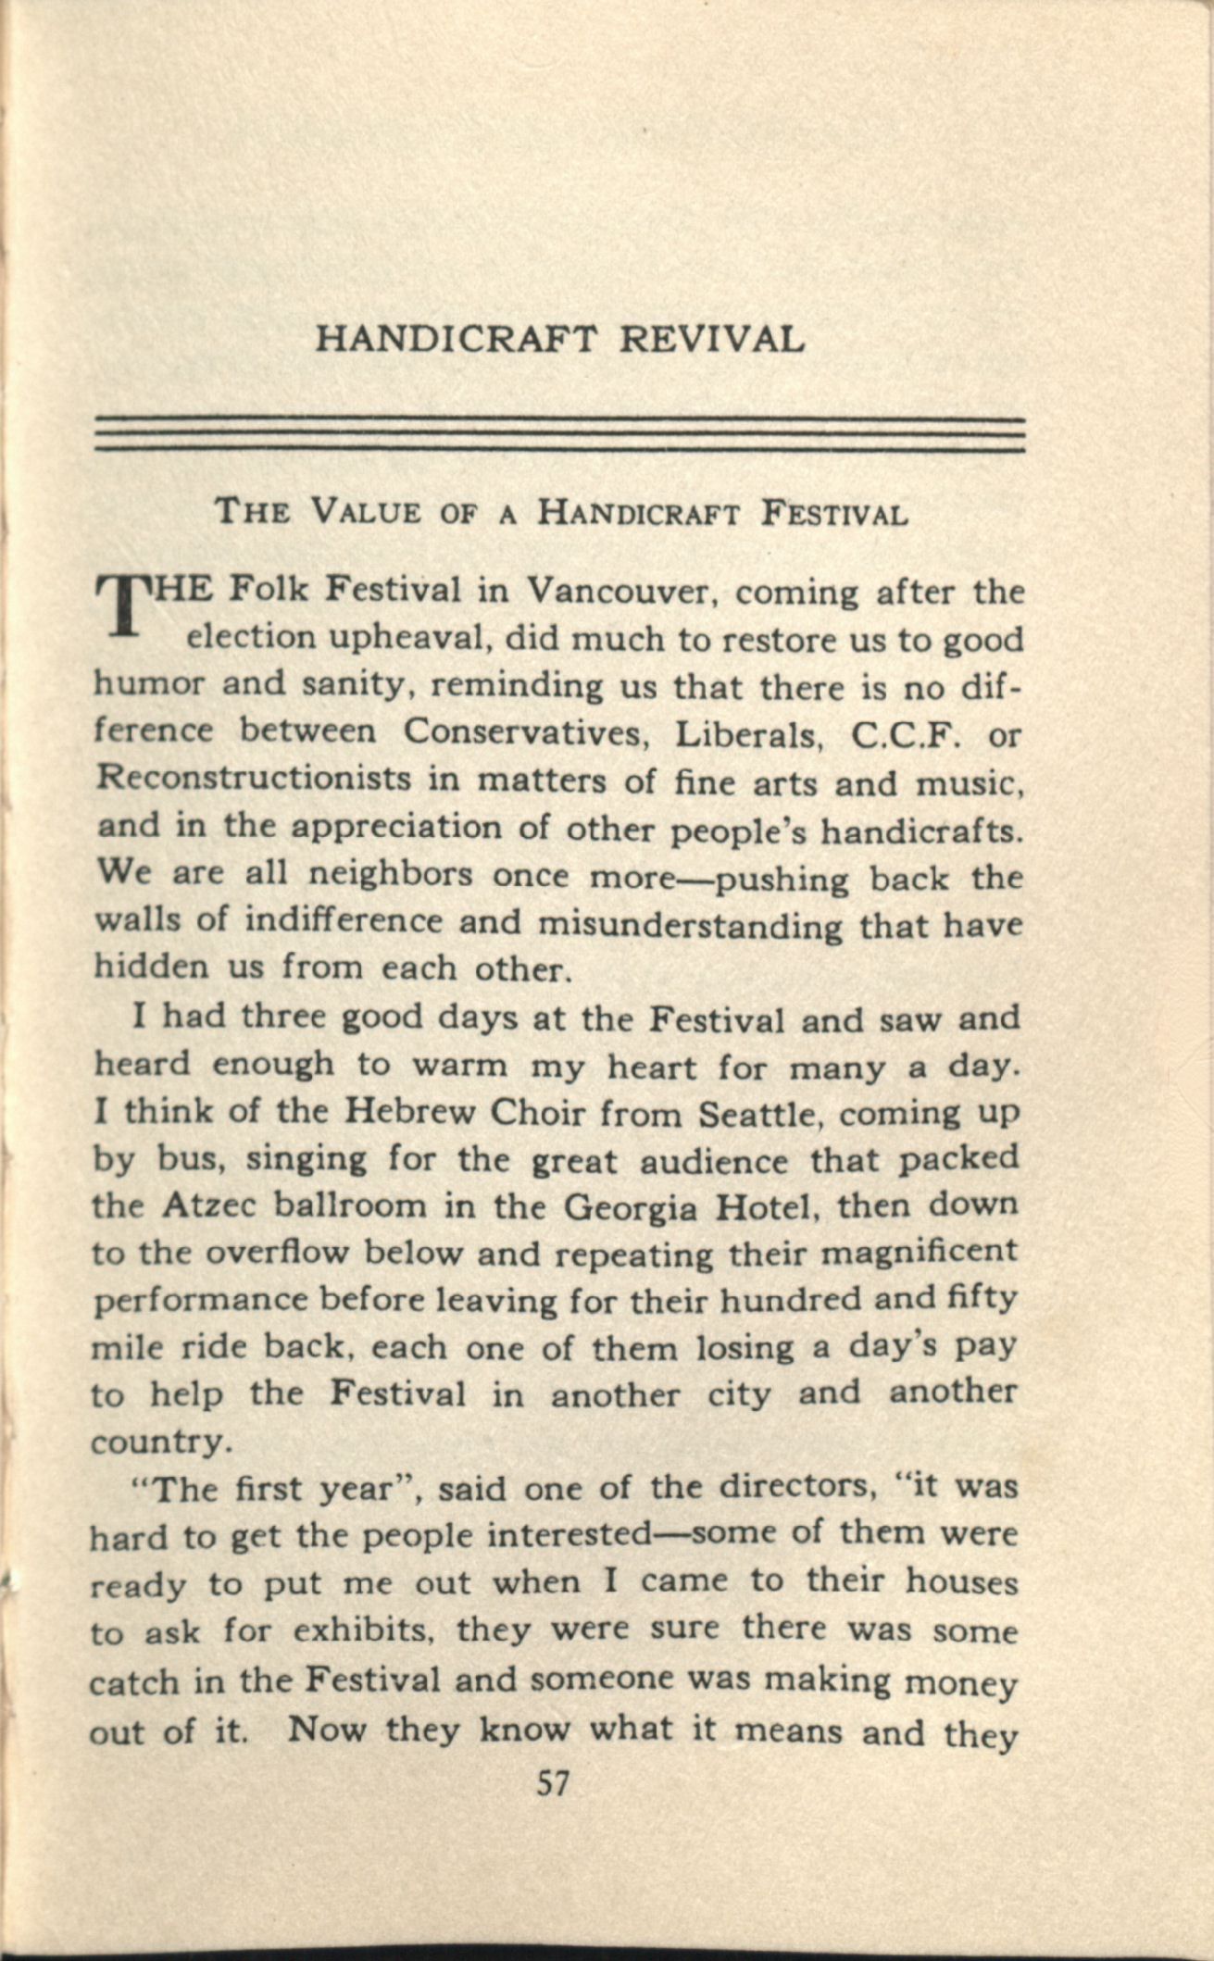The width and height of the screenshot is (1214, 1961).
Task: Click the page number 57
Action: (x=552, y=1783)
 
